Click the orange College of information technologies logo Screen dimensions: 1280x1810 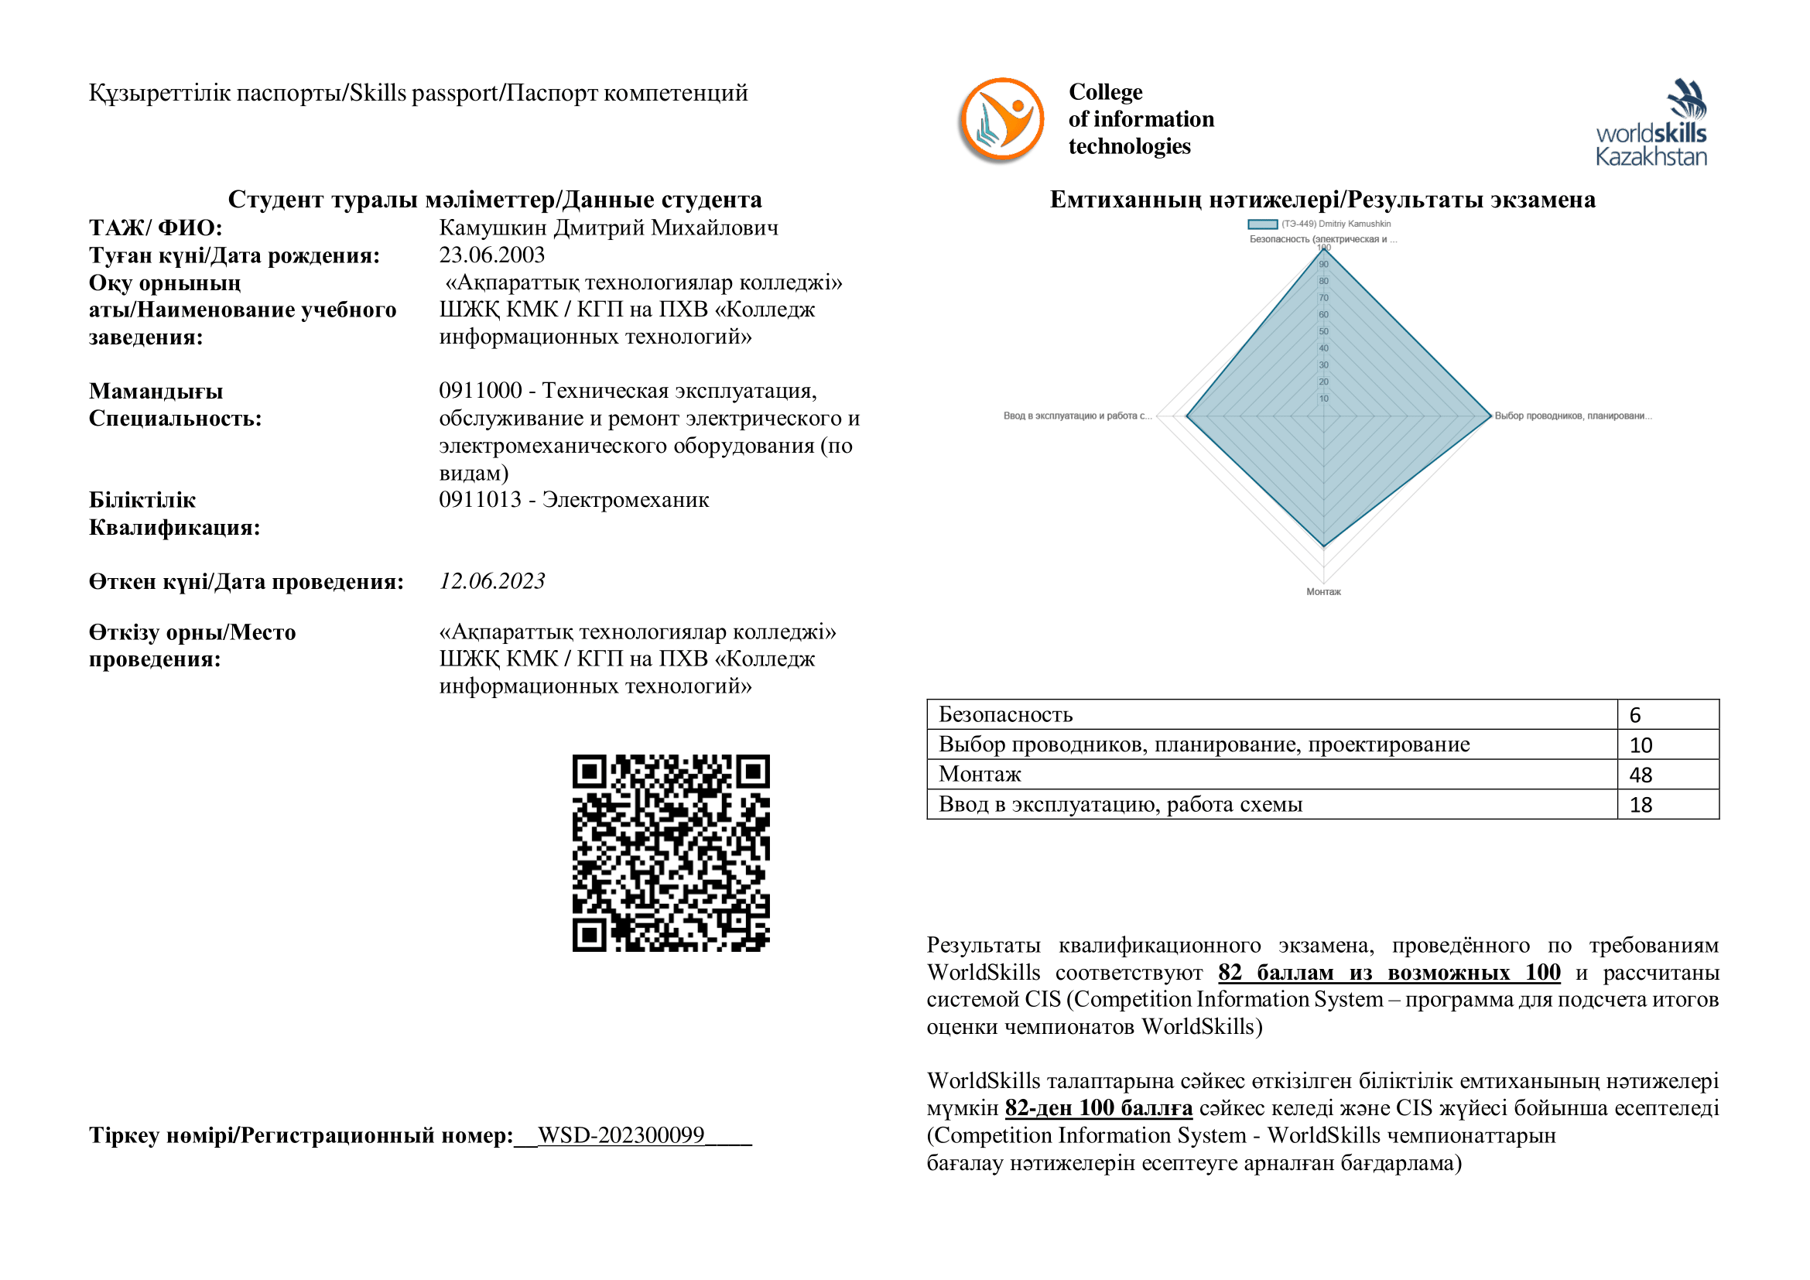[1001, 121]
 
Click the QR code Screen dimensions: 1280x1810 [671, 853]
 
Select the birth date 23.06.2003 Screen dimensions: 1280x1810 [492, 255]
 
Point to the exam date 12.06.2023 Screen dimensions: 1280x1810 [492, 581]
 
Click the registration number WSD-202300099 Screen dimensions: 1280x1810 [621, 1135]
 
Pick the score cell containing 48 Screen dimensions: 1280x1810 [1668, 775]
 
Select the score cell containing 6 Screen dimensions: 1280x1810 [1668, 715]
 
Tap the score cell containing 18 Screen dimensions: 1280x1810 [1668, 805]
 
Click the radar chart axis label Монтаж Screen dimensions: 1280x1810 [1323, 592]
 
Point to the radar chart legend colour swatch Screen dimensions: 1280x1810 [1262, 224]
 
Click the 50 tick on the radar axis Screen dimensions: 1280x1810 [1323, 331]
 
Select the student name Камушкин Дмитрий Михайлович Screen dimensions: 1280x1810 [608, 228]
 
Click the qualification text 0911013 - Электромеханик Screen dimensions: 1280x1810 [574, 500]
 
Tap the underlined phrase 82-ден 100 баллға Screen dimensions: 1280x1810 [1098, 1108]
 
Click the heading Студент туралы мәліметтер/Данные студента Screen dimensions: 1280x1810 [495, 200]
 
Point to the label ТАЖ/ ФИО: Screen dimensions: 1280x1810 [156, 228]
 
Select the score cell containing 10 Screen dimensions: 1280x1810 [1668, 744]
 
